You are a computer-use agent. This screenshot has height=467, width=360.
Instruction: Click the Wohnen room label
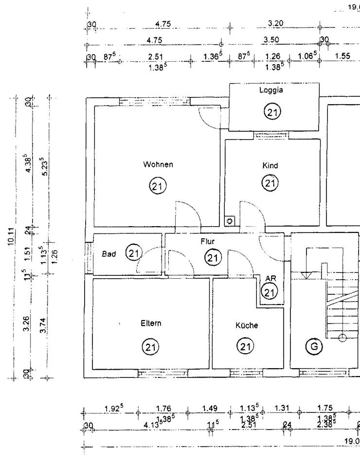158,165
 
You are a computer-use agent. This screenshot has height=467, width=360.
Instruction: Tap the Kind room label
270,166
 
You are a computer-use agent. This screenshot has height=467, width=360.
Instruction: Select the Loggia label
271,90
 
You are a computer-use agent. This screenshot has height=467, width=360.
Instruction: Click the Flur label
208,241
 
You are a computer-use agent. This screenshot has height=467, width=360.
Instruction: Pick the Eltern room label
151,323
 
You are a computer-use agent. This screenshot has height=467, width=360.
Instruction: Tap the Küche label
247,325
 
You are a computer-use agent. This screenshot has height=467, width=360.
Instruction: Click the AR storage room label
270,279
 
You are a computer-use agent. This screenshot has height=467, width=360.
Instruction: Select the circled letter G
314,346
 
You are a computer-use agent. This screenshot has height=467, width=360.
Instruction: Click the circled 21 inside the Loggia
271,113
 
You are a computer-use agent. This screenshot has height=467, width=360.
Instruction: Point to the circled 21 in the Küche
245,347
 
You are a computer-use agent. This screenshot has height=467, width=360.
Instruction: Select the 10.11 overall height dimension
11,237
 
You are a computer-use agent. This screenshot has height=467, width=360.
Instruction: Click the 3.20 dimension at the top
276,23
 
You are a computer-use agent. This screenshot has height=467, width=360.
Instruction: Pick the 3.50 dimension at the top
271,40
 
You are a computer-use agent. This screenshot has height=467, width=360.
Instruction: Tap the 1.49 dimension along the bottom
210,409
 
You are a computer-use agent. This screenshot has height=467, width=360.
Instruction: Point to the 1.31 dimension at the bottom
282,409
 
